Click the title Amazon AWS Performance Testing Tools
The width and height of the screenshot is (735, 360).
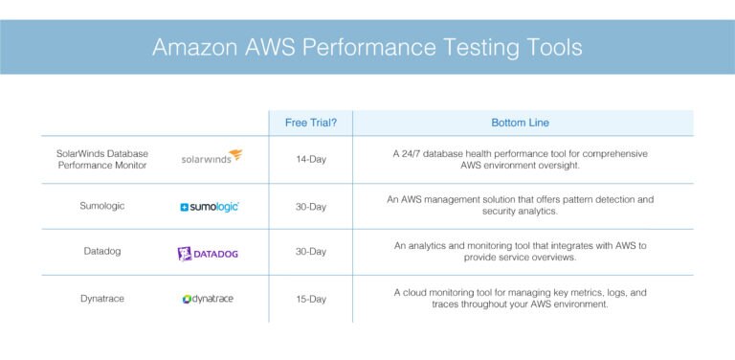pos(367,47)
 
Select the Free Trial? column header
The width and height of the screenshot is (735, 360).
pos(309,123)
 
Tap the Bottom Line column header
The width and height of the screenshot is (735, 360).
pos(520,123)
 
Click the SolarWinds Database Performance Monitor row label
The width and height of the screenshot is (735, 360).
pos(102,159)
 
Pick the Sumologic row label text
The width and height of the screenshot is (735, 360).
pos(102,206)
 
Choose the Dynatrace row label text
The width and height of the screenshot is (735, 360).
pos(102,299)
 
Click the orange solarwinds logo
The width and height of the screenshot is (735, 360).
pos(212,158)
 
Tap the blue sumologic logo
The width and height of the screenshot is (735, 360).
pos(210,206)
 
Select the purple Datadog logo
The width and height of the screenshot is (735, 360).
pos(208,254)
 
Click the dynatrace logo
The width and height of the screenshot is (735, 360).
pos(208,299)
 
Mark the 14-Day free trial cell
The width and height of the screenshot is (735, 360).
pos(311,159)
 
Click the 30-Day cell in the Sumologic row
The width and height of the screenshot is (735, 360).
pos(311,206)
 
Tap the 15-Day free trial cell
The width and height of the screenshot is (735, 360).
pos(311,299)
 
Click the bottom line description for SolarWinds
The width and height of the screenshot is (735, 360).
pos(520,159)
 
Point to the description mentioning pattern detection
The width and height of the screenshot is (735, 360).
pos(520,205)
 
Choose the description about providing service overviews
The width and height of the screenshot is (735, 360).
pos(520,252)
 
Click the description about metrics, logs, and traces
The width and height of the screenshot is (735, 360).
pos(520,298)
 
